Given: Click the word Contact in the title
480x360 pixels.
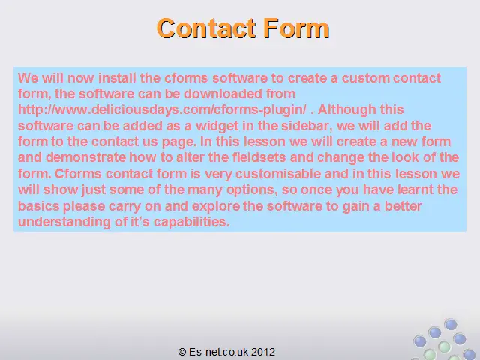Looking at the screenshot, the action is click(206, 28).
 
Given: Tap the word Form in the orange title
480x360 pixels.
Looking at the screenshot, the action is click(296, 28).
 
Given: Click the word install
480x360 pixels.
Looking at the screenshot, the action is click(117, 78).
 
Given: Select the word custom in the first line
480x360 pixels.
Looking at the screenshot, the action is click(365, 78).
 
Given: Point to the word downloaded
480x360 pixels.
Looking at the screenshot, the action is click(223, 94).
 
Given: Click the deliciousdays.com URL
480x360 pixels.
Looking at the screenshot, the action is click(162, 109).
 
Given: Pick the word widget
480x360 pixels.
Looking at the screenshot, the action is click(217, 126).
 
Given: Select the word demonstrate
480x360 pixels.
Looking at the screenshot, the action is click(85, 157).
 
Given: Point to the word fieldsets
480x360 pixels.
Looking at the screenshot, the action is click(259, 157).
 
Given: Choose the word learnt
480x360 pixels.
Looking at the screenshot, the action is click(415, 190).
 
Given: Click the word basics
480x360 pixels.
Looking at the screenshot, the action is click(38, 206).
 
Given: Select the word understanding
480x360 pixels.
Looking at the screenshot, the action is click(64, 222).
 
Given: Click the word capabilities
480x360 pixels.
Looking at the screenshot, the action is click(192, 222).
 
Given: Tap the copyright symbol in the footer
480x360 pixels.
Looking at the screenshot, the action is click(181, 352).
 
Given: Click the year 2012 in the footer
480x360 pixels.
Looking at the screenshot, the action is click(263, 352).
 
